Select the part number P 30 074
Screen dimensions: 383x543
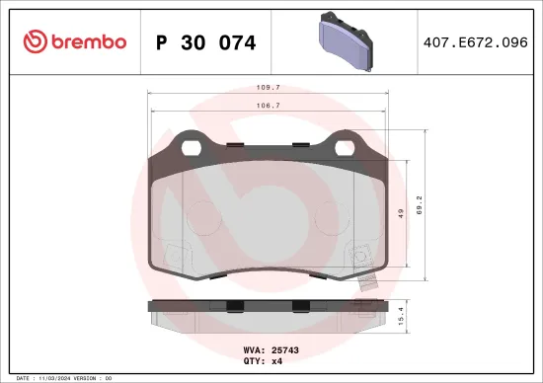click(x=205, y=42)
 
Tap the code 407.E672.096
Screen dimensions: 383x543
click(x=476, y=42)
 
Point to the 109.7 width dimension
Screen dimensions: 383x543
click(x=264, y=87)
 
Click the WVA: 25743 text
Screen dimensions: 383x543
click(x=271, y=349)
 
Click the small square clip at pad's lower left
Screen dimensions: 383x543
click(x=175, y=254)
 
